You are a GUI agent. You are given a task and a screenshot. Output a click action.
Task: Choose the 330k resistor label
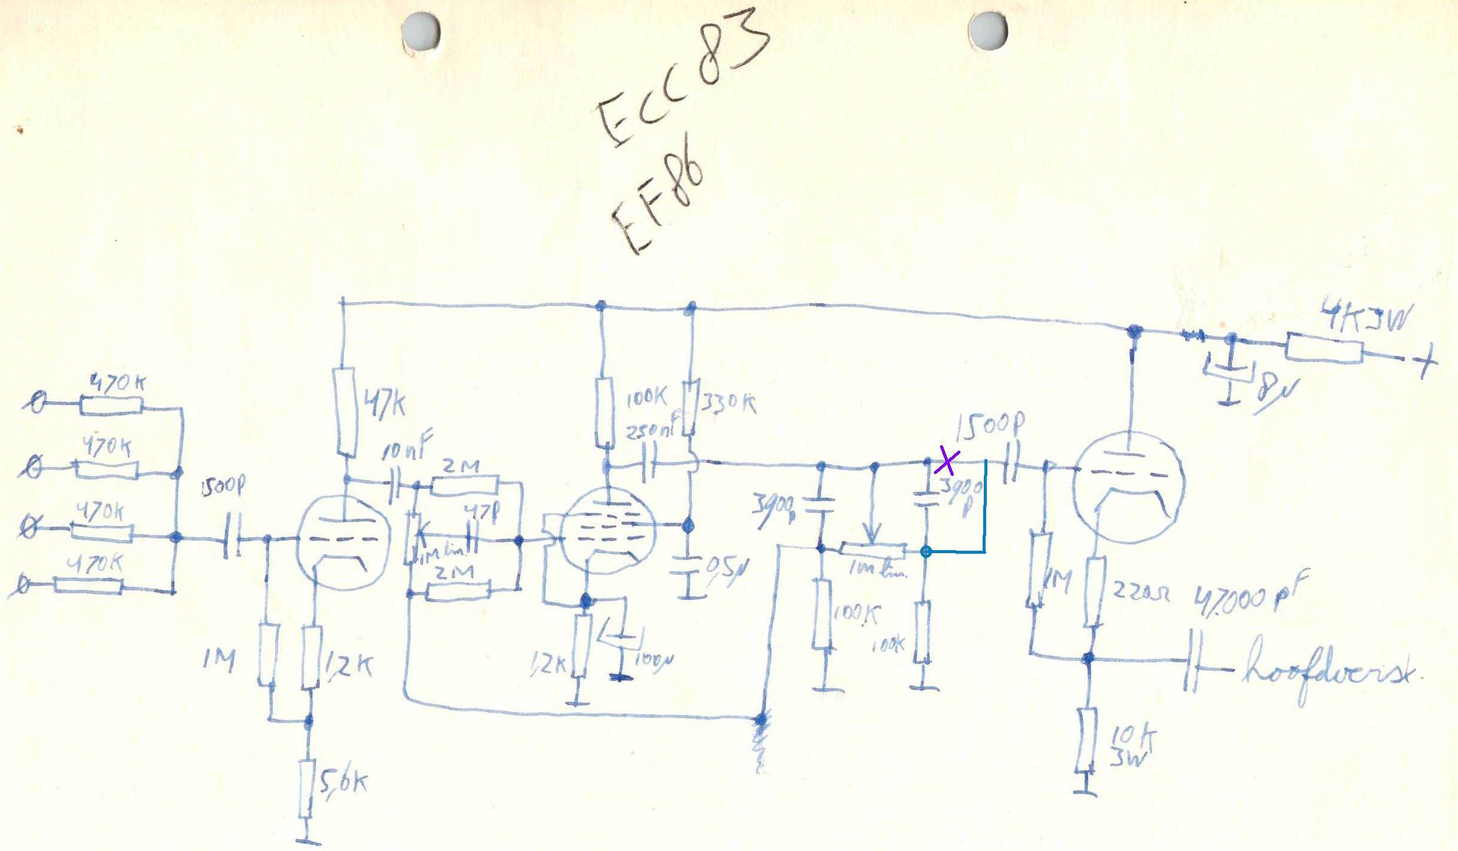coord(728,403)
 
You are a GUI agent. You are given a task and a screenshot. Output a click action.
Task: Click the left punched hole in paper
coord(421,31)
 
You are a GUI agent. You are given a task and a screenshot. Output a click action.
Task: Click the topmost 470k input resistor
coord(112,406)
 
